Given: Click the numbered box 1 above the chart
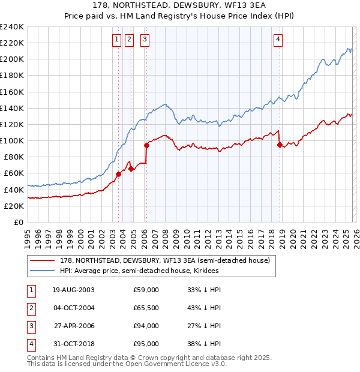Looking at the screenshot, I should pos(116,40).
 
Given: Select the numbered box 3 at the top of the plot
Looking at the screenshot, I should pos(145,40).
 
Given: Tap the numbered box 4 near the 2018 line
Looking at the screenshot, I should pos(278,40).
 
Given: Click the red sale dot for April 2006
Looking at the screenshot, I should pos(146,145).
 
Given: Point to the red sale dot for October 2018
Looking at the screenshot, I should pos(280,144).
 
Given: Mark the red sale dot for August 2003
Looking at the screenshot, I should pos(118,174).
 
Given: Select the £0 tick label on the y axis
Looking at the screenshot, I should pos(19,222).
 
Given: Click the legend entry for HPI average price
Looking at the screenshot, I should pos(139,271).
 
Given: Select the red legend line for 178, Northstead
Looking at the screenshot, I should pos(43,260).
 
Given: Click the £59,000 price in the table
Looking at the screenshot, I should pos(146,290).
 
